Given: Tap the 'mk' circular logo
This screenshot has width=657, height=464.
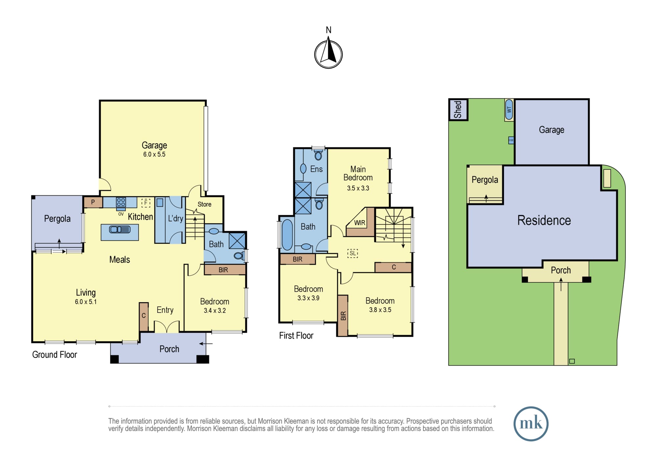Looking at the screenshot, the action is click(531, 424).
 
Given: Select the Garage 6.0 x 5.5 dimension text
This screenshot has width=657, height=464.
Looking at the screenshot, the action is click(154, 155).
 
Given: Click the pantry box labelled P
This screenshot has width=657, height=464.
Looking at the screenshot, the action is click(93, 202).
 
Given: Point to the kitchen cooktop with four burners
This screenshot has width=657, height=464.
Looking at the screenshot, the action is click(121, 202).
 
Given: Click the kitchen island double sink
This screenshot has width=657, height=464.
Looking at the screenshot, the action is click(120, 229).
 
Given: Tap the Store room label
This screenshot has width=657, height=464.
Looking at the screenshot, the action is click(204, 204).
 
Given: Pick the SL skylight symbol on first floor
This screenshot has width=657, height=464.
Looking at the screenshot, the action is click(352, 253).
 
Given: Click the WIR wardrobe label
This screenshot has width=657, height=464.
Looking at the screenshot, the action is click(360, 223).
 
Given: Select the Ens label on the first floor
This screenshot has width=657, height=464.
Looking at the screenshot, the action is click(316, 169).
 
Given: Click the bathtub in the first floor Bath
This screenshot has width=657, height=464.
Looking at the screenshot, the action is click(287, 235).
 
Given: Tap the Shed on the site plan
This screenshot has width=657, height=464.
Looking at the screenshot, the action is click(458, 110).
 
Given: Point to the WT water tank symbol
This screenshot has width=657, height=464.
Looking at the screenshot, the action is click(509, 110).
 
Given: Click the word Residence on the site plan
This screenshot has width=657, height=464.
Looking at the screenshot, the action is click(544, 220).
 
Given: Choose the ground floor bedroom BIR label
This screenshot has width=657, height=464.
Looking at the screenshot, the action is click(223, 270).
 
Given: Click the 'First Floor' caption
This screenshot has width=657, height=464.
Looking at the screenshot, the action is click(296, 335).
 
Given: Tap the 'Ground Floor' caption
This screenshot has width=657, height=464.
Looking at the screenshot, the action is click(55, 354).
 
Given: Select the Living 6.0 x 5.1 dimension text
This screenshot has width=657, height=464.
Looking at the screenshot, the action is click(86, 302).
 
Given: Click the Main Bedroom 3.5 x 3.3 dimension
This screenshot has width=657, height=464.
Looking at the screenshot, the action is click(358, 188).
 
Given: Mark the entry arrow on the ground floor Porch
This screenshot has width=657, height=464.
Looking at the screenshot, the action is click(206, 344).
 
